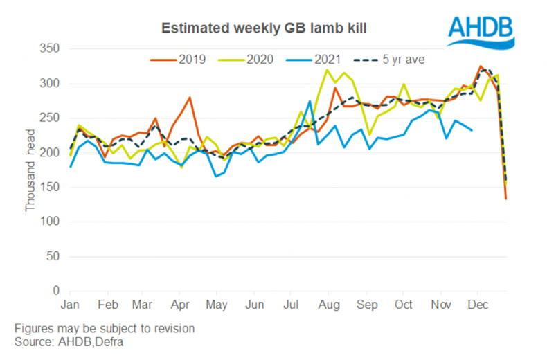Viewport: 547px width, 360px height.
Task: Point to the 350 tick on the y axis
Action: point(51,49)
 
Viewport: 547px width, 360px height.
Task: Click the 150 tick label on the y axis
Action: point(51,188)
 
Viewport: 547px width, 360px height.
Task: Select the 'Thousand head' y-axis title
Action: point(30,170)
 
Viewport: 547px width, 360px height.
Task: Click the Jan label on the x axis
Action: point(70,305)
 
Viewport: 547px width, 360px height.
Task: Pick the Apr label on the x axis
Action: point(180,305)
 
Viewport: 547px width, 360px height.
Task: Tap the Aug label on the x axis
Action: point(329,305)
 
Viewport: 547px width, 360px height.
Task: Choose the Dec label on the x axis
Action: point(477,305)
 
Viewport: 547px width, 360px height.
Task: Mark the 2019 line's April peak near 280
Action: point(190,98)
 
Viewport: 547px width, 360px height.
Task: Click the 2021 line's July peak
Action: point(310,101)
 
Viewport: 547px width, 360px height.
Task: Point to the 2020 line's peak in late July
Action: point(326,70)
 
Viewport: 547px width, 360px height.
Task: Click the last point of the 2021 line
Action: point(472,130)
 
